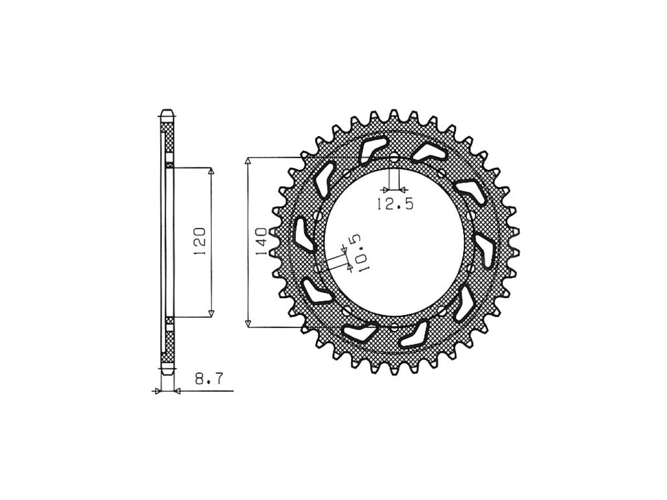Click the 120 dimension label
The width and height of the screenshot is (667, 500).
point(200,241)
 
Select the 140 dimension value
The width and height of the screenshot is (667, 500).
point(261,241)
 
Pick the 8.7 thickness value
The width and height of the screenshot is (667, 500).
point(208,378)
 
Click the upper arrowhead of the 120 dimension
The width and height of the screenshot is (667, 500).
point(210,171)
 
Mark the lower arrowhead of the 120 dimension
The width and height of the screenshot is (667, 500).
point(210,313)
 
